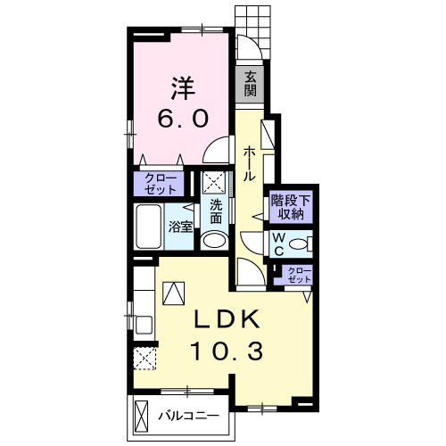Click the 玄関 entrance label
251,85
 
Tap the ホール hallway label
249,164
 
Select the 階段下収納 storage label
291,207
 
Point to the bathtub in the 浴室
149,227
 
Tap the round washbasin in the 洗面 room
213,240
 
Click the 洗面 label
216,211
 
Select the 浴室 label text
181,227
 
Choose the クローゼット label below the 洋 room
160,184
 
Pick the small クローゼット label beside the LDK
299,275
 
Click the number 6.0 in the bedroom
182,119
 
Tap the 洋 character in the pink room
183,88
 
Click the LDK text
227,319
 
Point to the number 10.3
227,351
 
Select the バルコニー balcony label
189,416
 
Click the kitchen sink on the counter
145,325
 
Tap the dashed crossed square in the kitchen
145,359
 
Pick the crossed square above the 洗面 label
214,183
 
